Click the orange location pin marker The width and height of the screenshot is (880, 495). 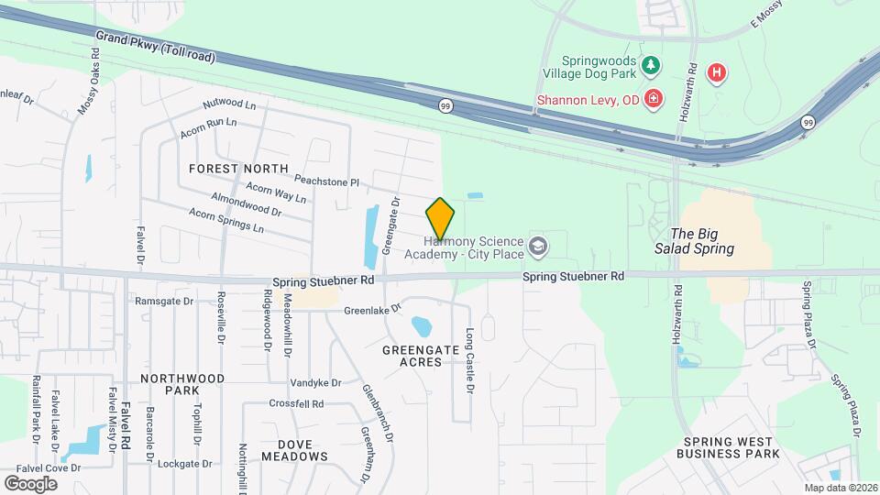pos(440,219)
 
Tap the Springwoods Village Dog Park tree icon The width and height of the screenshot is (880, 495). pos(651,64)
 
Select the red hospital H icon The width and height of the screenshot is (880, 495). pos(718,72)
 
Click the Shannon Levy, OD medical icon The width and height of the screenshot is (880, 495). pos(653,98)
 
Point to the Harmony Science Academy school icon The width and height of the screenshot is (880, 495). pos(538,246)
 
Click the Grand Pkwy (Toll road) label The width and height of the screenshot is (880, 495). pos(155,45)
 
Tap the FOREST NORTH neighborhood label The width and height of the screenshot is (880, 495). pos(238,169)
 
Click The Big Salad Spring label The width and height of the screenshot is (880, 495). pos(702,241)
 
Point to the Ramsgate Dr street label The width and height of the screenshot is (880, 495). pos(164,301)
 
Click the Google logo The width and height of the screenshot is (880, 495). pos(30,483)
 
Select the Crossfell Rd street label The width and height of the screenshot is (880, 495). pos(296,403)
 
